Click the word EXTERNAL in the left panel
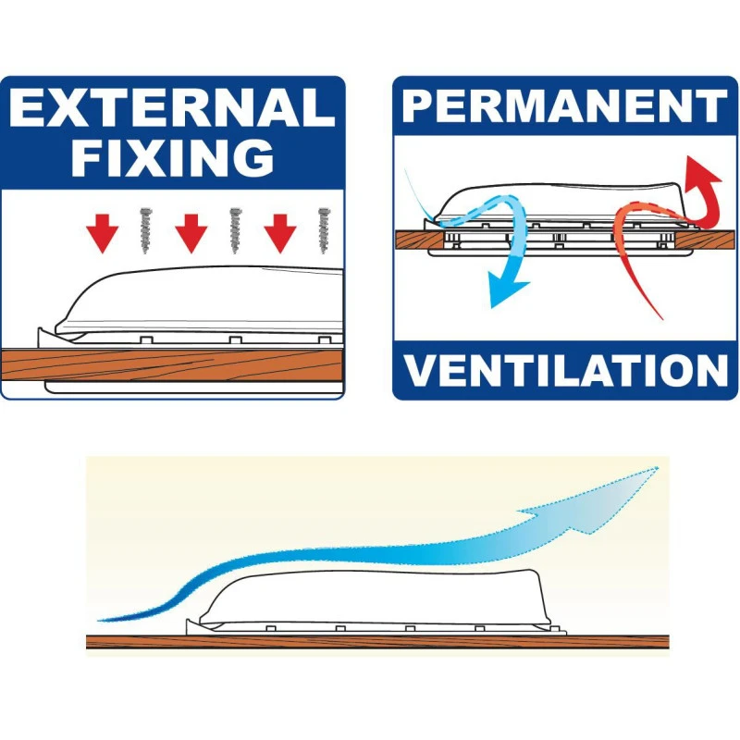(172, 107)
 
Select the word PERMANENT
(564, 105)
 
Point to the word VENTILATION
(565, 371)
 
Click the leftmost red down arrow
(102, 233)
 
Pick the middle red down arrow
(191, 233)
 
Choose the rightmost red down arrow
(280, 233)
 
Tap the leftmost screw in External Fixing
(146, 230)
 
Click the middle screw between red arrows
(236, 230)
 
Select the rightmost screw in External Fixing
(325, 230)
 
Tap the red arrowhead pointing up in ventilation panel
(702, 172)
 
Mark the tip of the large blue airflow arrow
(658, 467)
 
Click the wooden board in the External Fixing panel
(172, 364)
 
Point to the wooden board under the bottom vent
(377, 642)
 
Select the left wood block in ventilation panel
(418, 240)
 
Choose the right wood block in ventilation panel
(707, 240)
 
